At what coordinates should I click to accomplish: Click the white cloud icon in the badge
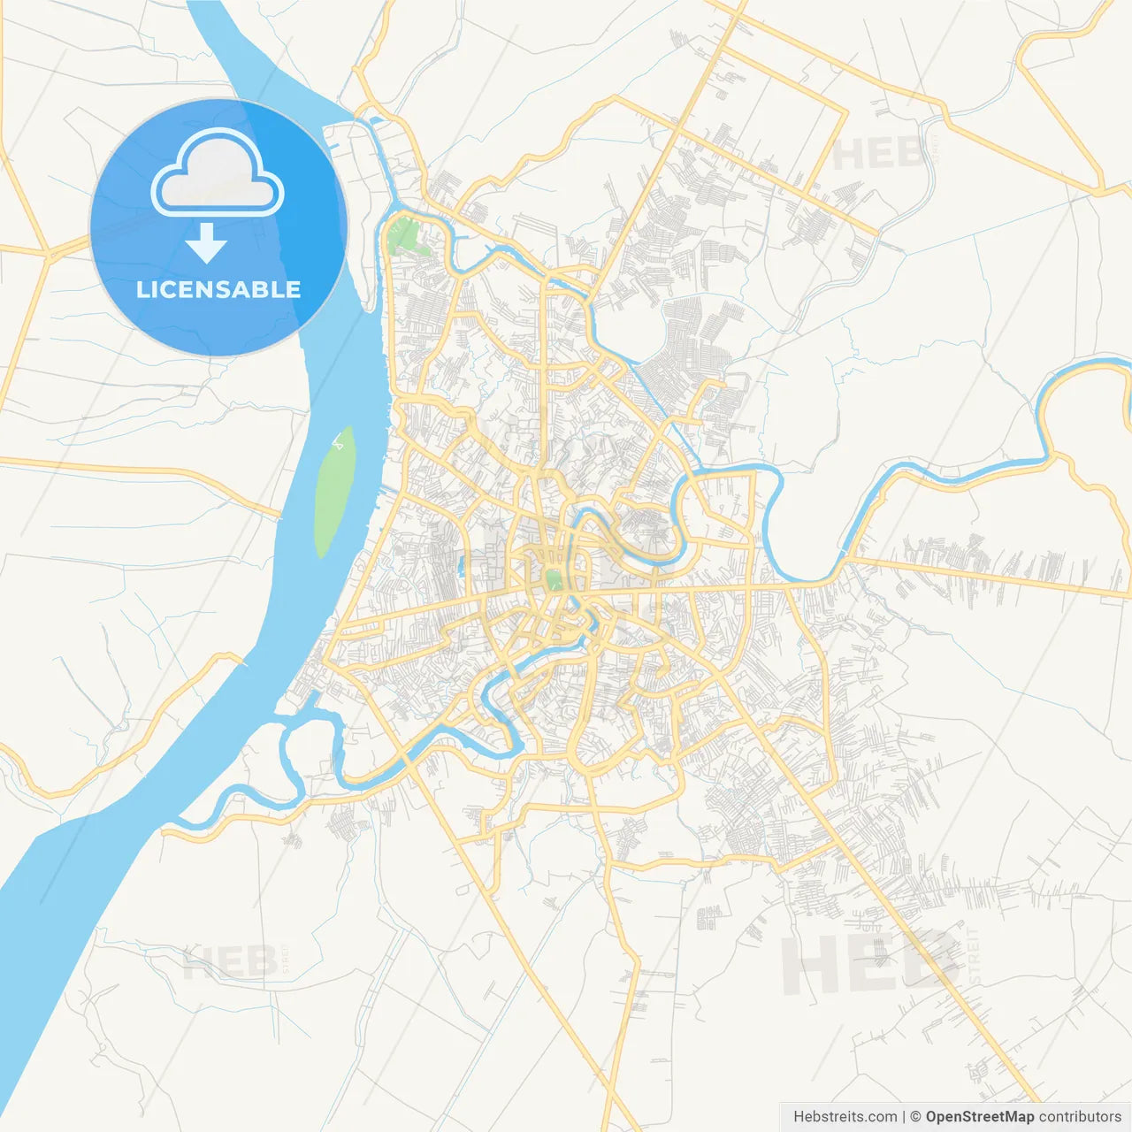218,174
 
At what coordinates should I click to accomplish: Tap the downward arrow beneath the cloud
206,243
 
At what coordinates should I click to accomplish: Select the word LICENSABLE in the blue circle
218,289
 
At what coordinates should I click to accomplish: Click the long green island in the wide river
334,492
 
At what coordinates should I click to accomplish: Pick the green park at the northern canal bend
406,235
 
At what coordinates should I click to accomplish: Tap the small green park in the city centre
554,580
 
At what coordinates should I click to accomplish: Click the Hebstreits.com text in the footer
845,1117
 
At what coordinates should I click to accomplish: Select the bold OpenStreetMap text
980,1117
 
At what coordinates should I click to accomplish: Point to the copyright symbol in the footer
916,1117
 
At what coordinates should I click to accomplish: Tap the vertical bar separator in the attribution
904,1117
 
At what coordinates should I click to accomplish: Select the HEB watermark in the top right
878,155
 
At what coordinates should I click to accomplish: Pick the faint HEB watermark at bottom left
229,961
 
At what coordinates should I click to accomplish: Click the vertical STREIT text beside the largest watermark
975,957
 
